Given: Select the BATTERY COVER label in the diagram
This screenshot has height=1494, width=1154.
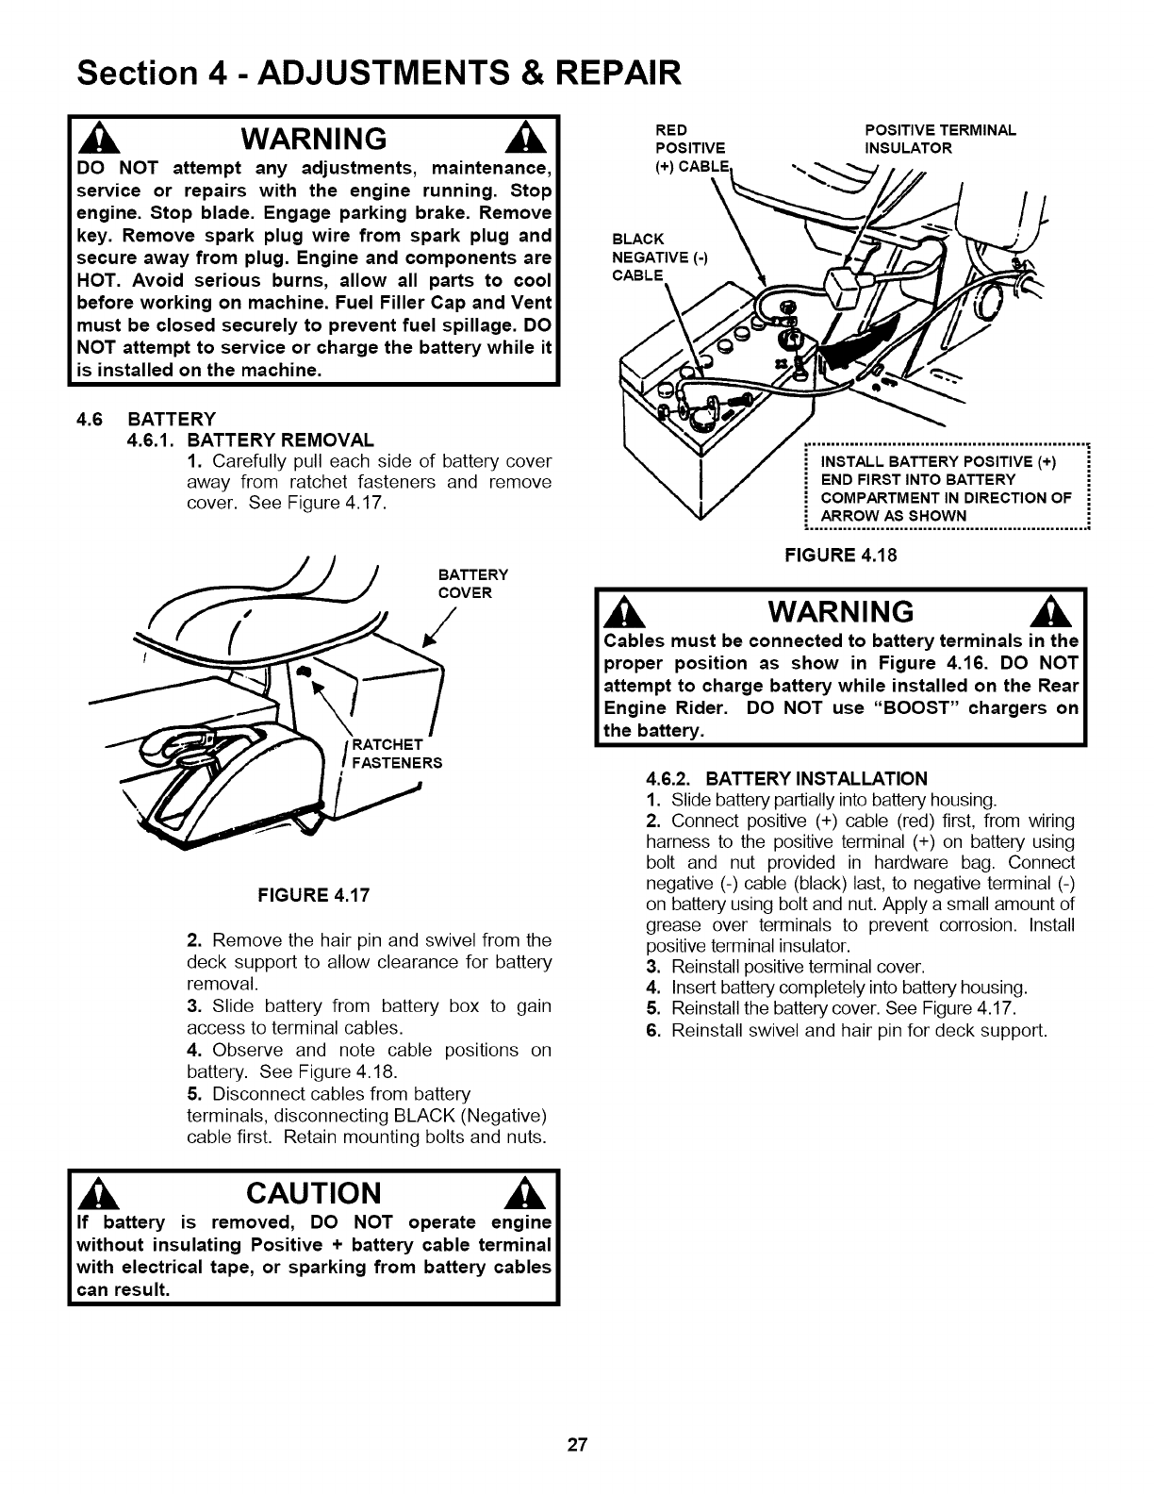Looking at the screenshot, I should tap(473, 584).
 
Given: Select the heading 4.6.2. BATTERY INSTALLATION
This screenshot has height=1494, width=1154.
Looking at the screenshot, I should tap(787, 778).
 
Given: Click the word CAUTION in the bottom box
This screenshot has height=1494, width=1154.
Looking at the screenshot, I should tap(313, 1194).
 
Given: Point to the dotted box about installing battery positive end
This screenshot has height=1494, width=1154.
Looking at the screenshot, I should tap(945, 488).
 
